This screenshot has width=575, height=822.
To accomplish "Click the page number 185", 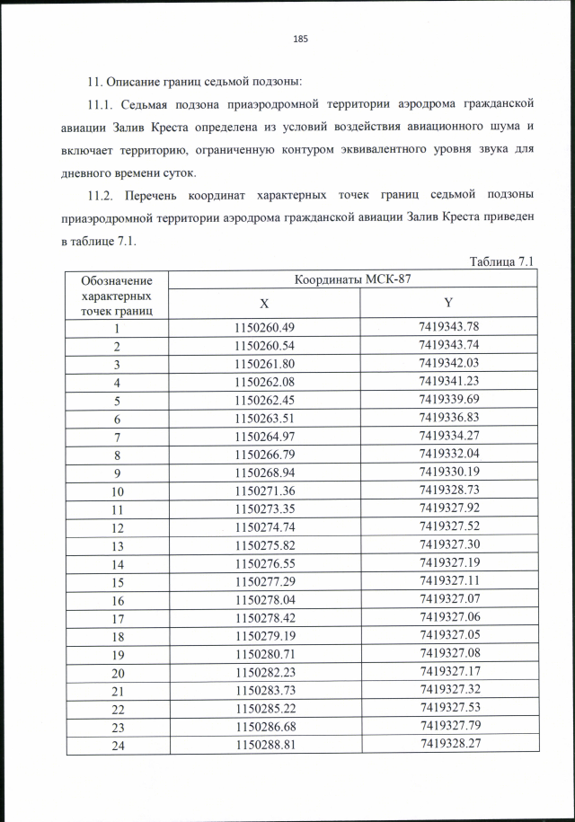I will coord(301,38).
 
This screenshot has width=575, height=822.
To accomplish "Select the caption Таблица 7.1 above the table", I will coord(502,261).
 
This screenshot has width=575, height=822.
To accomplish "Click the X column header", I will coord(264,304).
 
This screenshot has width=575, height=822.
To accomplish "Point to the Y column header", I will coord(447,304).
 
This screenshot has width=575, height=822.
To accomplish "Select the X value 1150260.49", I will coord(264,328).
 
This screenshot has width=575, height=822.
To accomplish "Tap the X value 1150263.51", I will coord(264,419).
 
